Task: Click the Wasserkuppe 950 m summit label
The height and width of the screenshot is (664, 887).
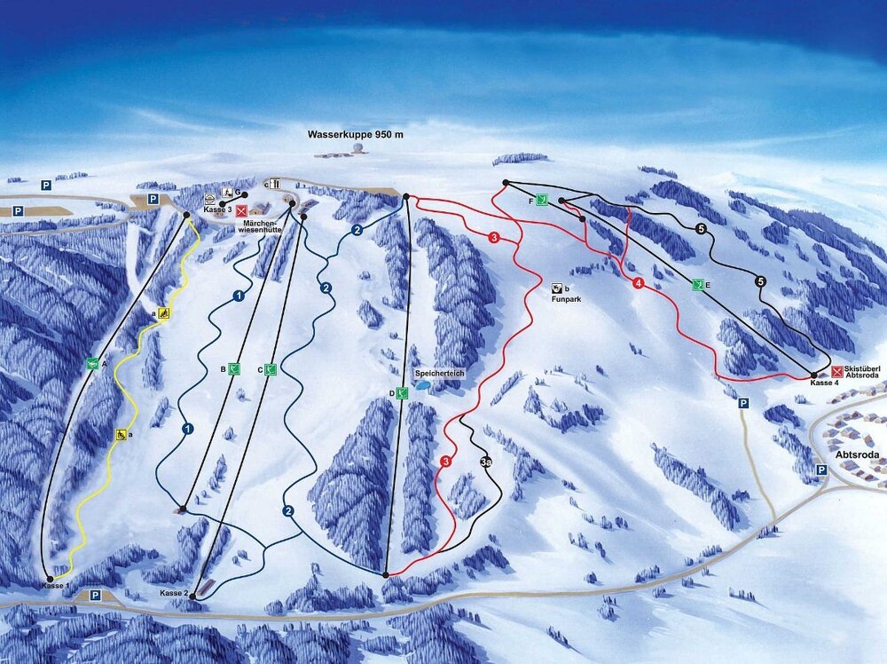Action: (355, 135)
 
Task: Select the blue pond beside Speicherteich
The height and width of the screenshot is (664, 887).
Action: (424, 387)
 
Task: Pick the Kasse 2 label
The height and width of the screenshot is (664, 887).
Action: (174, 593)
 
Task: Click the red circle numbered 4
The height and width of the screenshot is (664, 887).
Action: (639, 283)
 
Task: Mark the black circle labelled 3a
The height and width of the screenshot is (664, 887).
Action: (485, 462)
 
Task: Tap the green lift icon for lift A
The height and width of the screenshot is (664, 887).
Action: (92, 362)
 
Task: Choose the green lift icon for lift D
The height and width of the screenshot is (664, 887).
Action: (403, 392)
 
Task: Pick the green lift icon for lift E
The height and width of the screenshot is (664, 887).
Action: (698, 285)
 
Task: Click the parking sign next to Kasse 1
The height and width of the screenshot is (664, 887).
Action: (95, 596)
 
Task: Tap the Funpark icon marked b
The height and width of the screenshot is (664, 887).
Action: (556, 289)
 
